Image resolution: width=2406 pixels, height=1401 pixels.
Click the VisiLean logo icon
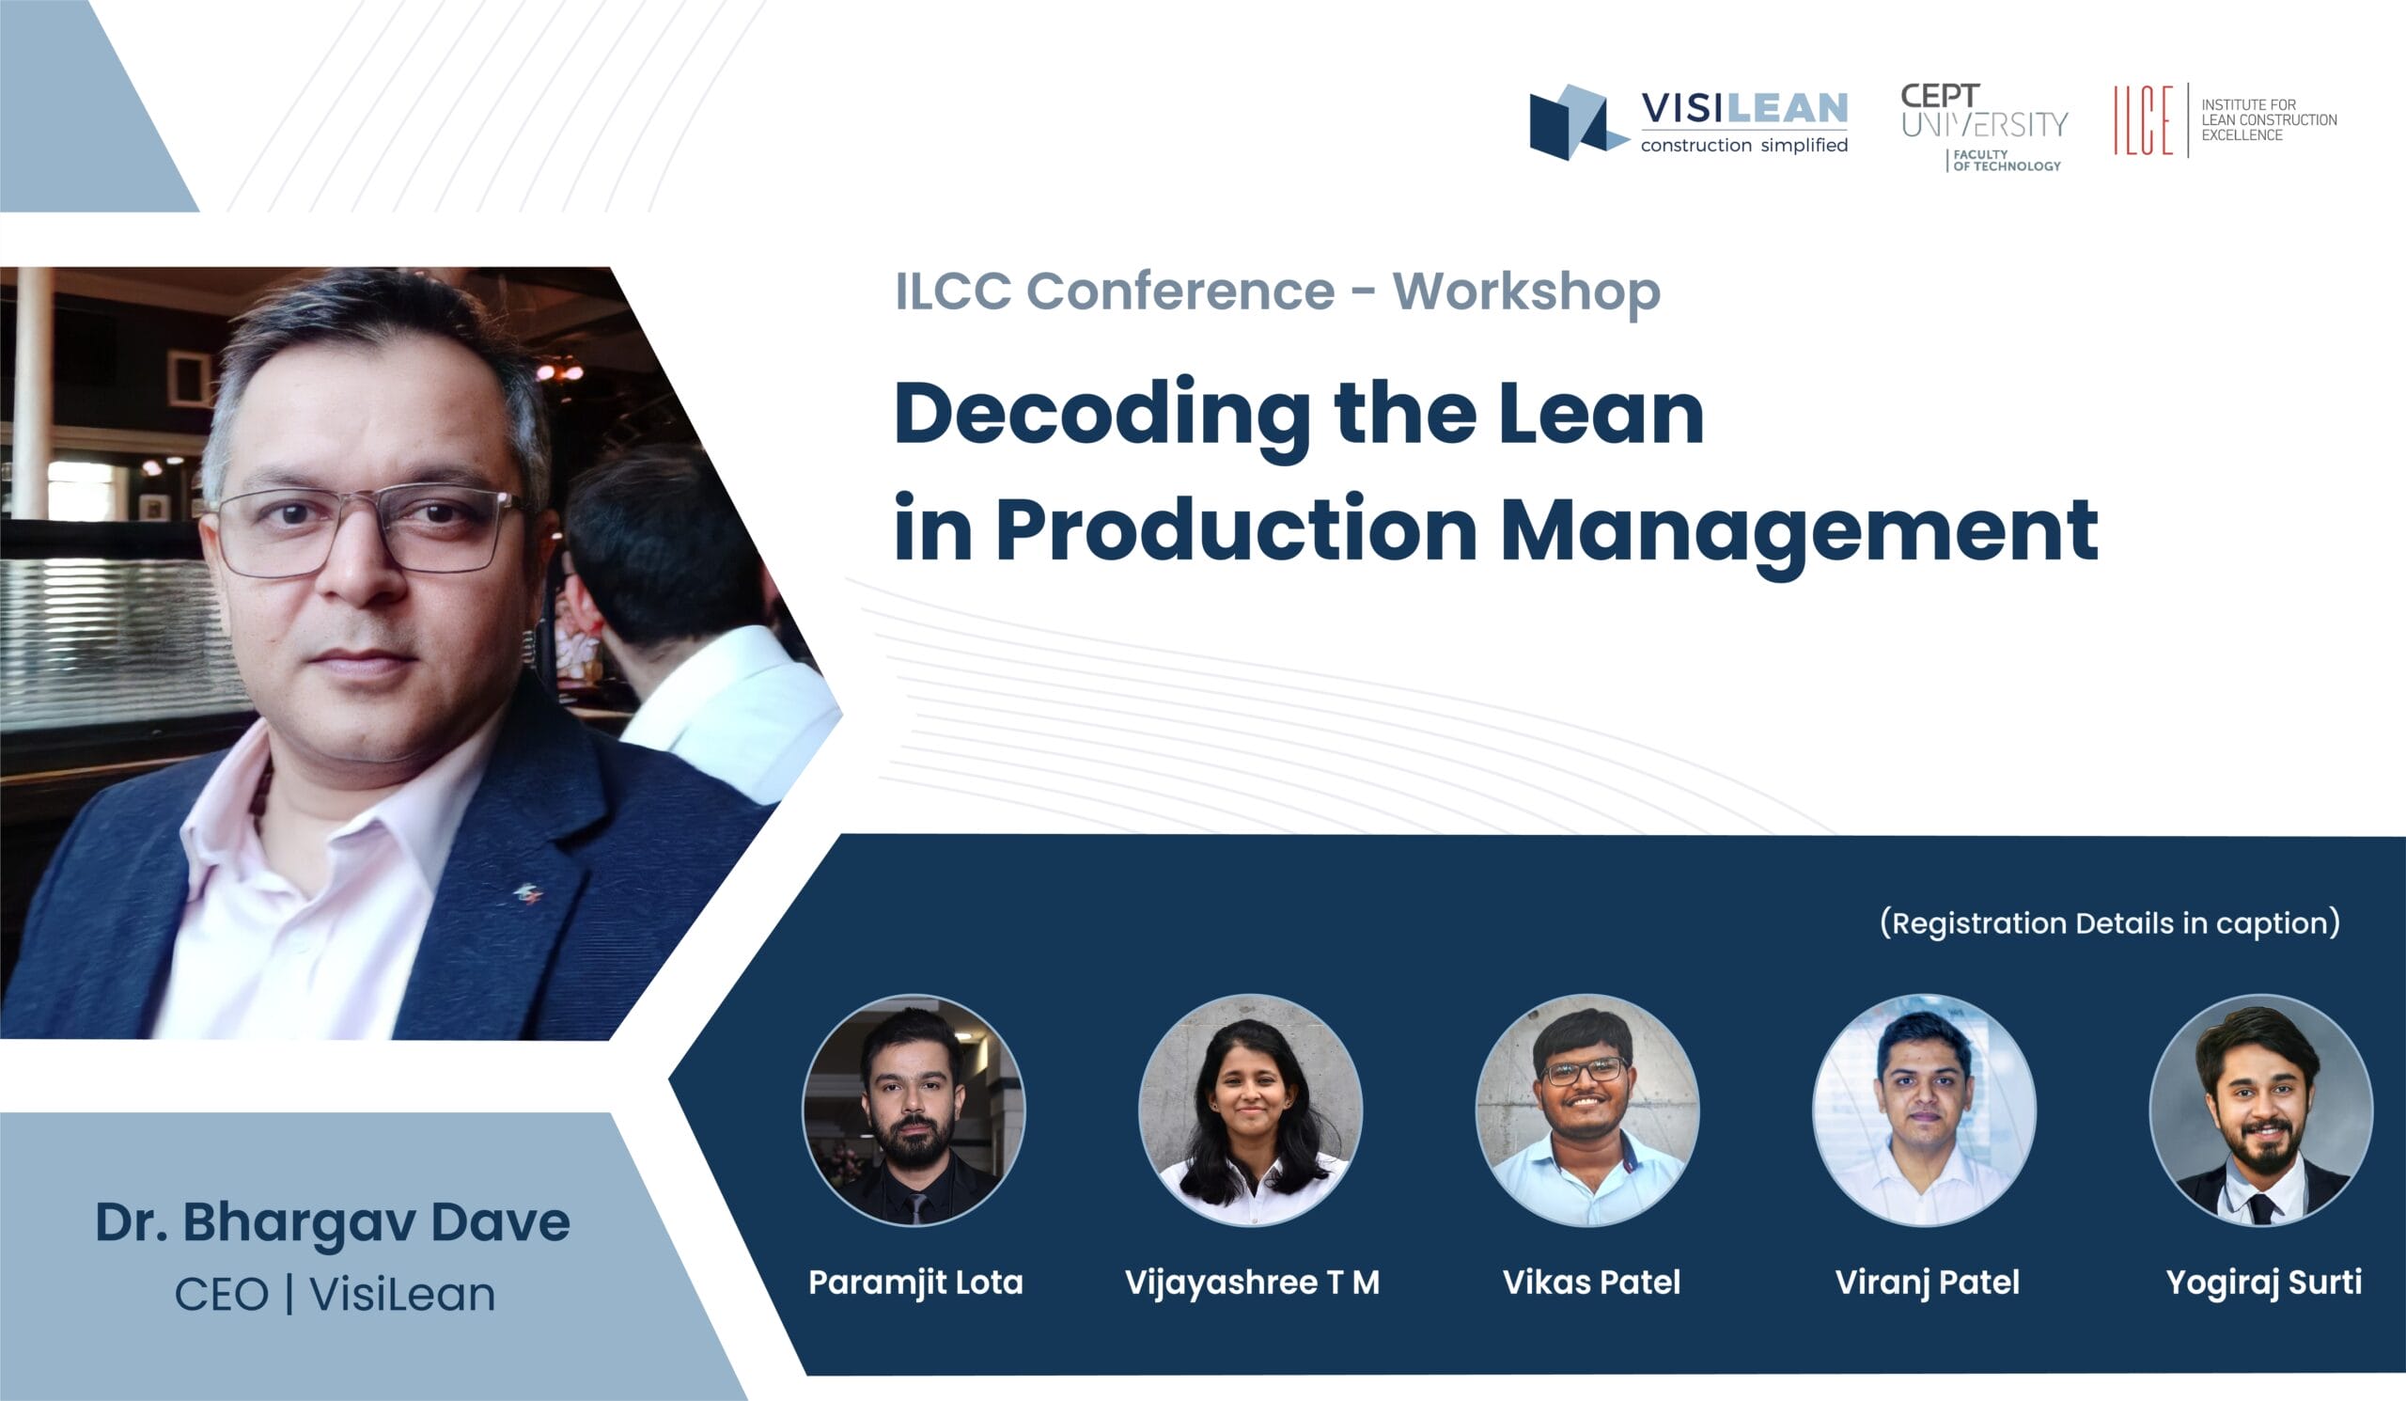pyautogui.click(x=1576, y=122)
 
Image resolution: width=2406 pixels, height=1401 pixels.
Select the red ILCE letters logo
pyautogui.click(x=2143, y=120)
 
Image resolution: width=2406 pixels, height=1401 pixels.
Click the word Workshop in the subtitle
pyautogui.click(x=1525, y=291)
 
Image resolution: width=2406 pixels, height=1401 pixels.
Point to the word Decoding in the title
pyautogui.click(x=1101, y=416)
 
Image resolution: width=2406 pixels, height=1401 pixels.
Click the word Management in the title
pyautogui.click(x=1799, y=531)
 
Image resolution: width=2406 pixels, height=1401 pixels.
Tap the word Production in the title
pyautogui.click(x=1236, y=531)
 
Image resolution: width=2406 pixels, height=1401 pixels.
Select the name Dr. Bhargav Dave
pyautogui.click(x=333, y=1222)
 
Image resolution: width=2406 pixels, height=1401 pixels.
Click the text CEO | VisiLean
pyautogui.click(x=335, y=1295)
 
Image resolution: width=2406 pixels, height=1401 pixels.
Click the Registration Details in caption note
pyautogui.click(x=2109, y=923)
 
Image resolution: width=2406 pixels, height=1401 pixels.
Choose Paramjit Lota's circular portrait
pyautogui.click(x=914, y=1110)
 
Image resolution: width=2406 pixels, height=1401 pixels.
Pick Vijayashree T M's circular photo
pyautogui.click(x=1251, y=1110)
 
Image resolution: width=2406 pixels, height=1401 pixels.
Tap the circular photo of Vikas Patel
pyautogui.click(x=1586, y=1110)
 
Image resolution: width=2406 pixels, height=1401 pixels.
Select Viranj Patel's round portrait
pyautogui.click(x=1924, y=1110)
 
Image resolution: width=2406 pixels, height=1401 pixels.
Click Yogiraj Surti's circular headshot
pyautogui.click(x=2260, y=1110)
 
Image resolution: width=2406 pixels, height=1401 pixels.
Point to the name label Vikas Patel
pyautogui.click(x=1590, y=1283)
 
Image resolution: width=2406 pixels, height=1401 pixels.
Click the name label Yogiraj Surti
pyautogui.click(x=2264, y=1283)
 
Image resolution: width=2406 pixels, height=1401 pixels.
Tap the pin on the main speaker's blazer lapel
pyautogui.click(x=528, y=894)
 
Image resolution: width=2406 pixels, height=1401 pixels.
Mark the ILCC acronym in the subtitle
pyautogui.click(x=952, y=291)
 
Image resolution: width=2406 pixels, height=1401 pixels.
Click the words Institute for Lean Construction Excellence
pyautogui.click(x=2269, y=120)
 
